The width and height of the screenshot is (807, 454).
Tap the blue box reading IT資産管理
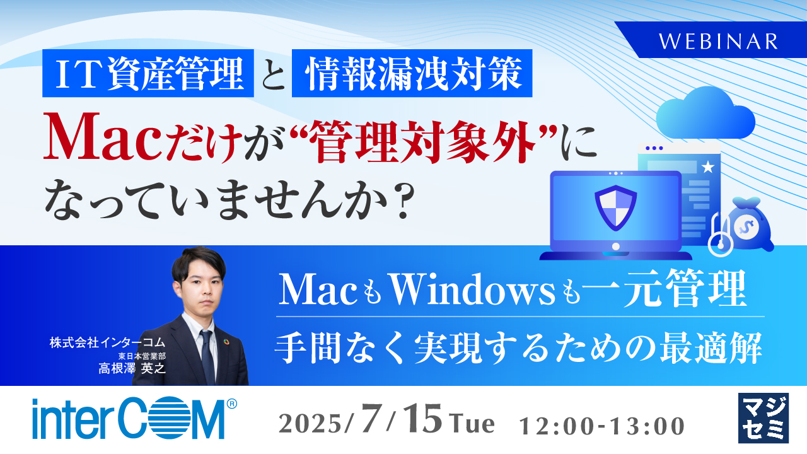(x=148, y=73)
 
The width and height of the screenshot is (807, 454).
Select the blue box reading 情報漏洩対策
(x=412, y=73)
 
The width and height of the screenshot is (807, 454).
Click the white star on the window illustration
(x=707, y=168)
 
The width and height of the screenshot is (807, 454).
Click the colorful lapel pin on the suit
(x=227, y=342)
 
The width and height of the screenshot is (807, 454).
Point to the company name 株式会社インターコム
(x=107, y=343)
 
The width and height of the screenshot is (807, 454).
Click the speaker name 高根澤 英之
(x=132, y=369)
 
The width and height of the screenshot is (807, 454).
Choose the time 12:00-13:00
(x=602, y=426)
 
